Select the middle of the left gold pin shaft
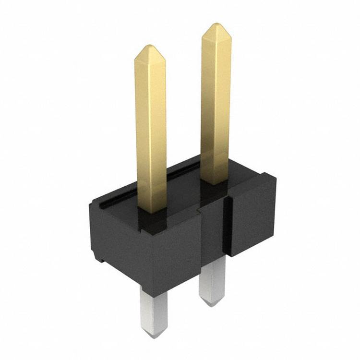151,130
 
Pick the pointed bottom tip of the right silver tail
210,304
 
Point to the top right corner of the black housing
275,177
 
